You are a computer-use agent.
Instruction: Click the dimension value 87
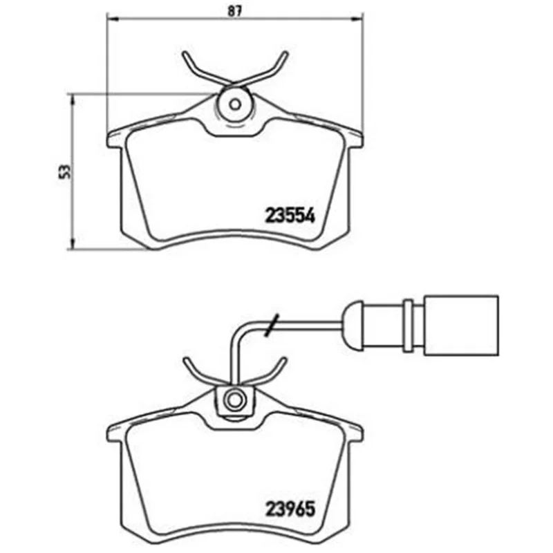[234, 11]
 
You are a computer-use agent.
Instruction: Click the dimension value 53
[64, 171]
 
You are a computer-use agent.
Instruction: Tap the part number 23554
[290, 215]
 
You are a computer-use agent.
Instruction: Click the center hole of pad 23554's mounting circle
[235, 104]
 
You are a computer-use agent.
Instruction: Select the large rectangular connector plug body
[462, 325]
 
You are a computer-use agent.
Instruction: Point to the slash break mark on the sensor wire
[272, 325]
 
